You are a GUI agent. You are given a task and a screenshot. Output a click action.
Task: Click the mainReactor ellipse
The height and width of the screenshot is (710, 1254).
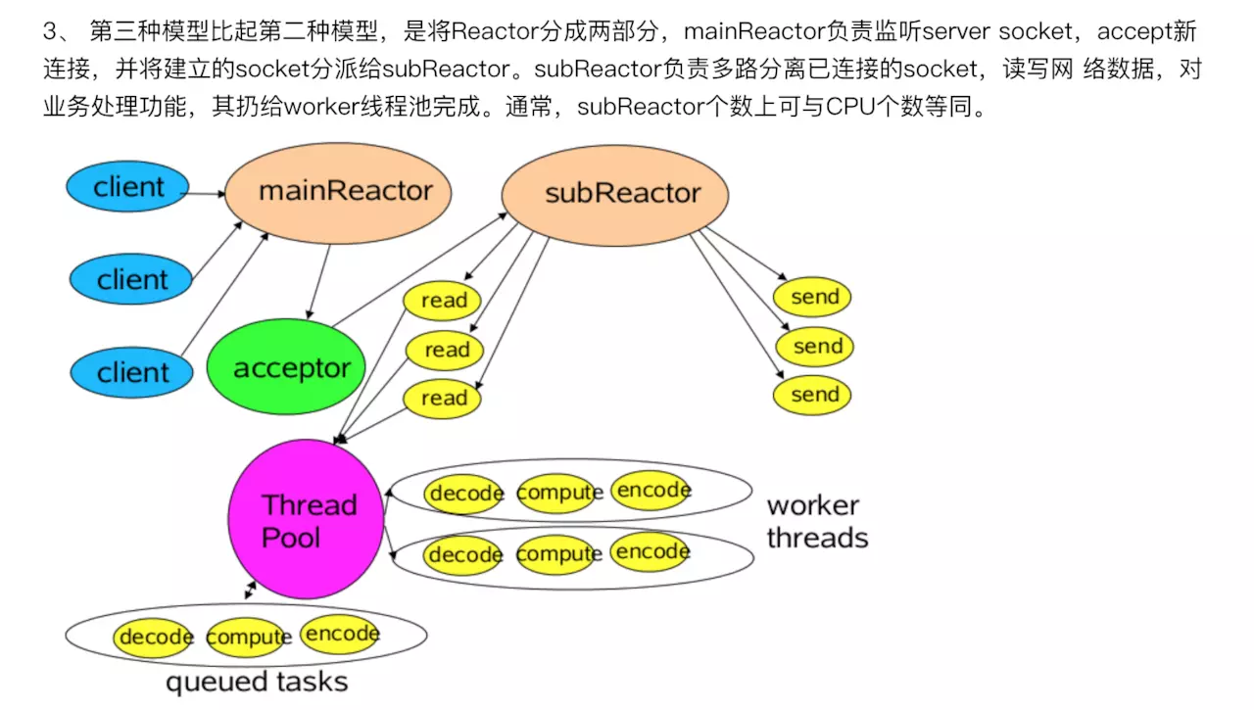pyautogui.click(x=338, y=191)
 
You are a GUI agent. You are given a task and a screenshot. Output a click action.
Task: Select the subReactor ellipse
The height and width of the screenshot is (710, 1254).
pyautogui.click(x=615, y=194)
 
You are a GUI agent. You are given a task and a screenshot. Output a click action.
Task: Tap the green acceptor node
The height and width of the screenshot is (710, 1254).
pyautogui.click(x=285, y=369)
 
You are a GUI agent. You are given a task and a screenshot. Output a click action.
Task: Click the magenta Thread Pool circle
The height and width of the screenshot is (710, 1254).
pyautogui.click(x=306, y=520)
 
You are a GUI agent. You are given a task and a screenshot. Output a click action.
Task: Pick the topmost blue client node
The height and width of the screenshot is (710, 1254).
pyautogui.click(x=127, y=186)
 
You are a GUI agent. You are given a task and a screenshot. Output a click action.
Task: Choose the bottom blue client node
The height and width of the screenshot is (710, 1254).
pyautogui.click(x=131, y=372)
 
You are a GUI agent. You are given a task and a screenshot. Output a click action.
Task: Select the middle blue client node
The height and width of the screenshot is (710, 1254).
pyautogui.click(x=131, y=280)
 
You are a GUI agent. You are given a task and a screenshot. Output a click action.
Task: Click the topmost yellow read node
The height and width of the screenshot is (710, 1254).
pyautogui.click(x=443, y=301)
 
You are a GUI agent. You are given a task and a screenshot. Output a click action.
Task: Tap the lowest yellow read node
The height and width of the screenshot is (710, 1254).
pyautogui.click(x=443, y=399)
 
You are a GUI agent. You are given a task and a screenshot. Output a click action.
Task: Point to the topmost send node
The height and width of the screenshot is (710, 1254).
pyautogui.click(x=813, y=297)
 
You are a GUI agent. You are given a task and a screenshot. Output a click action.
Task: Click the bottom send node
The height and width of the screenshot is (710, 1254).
pyautogui.click(x=813, y=395)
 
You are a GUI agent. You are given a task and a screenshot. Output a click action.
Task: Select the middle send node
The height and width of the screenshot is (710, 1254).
pyautogui.click(x=815, y=346)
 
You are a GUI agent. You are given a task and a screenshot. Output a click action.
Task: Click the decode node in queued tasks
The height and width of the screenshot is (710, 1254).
pyautogui.click(x=155, y=638)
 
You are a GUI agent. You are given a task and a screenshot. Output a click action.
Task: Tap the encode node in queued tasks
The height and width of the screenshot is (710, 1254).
pyautogui.click(x=340, y=634)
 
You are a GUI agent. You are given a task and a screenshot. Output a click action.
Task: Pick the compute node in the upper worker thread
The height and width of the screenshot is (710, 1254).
pyautogui.click(x=558, y=493)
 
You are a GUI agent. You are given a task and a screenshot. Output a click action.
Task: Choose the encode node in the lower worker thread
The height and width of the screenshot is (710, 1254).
pyautogui.click(x=651, y=552)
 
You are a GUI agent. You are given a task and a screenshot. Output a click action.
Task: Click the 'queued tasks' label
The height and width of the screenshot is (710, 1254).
pyautogui.click(x=257, y=682)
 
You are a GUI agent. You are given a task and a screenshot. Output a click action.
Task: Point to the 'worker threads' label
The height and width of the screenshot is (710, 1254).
pyautogui.click(x=816, y=522)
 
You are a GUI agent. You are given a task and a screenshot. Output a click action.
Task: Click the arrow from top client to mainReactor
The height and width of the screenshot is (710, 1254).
pyautogui.click(x=207, y=193)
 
